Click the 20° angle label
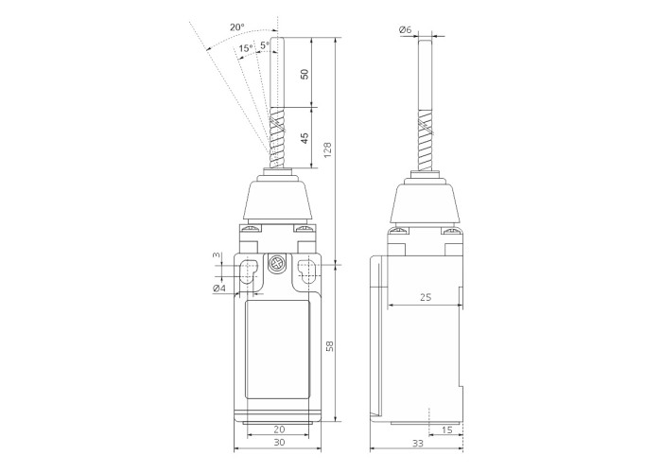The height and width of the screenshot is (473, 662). (x=236, y=27)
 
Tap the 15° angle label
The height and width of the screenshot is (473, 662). (x=246, y=48)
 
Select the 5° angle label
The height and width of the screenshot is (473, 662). (x=265, y=44)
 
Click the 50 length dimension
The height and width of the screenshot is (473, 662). (x=305, y=74)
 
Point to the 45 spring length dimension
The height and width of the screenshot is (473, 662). (x=305, y=138)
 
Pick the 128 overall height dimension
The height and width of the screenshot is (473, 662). (x=328, y=150)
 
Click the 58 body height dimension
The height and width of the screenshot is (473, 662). (x=329, y=346)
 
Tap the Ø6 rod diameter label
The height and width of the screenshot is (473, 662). (x=405, y=29)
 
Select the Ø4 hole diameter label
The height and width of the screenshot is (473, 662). (x=219, y=289)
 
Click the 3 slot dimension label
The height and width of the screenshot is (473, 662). (x=216, y=254)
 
